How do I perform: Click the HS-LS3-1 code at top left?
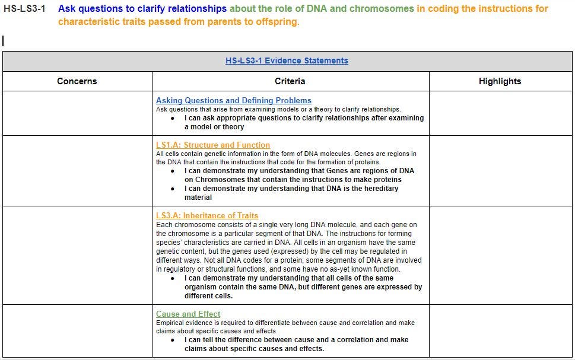pos(24,9)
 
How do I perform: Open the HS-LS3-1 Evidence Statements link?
pos(287,60)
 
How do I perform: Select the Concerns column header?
pos(77,81)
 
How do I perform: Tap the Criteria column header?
pos(290,81)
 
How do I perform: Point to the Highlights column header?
pos(500,81)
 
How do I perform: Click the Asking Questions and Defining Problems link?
pos(233,100)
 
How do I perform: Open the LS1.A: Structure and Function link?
pos(212,145)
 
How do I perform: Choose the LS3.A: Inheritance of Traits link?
pos(207,215)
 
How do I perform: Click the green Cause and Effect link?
pos(188,314)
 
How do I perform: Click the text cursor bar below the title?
pos(4,41)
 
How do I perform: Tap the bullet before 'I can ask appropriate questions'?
pos(173,118)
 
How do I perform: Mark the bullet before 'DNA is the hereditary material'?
pos(173,189)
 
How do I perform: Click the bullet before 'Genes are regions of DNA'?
pos(173,171)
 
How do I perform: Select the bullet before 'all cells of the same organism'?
pos(173,278)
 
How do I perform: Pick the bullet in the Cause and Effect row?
pos(173,340)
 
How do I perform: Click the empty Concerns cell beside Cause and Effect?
pos(77,331)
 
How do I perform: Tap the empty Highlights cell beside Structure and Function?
pos(500,171)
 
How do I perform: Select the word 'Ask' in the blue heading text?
pos(66,9)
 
